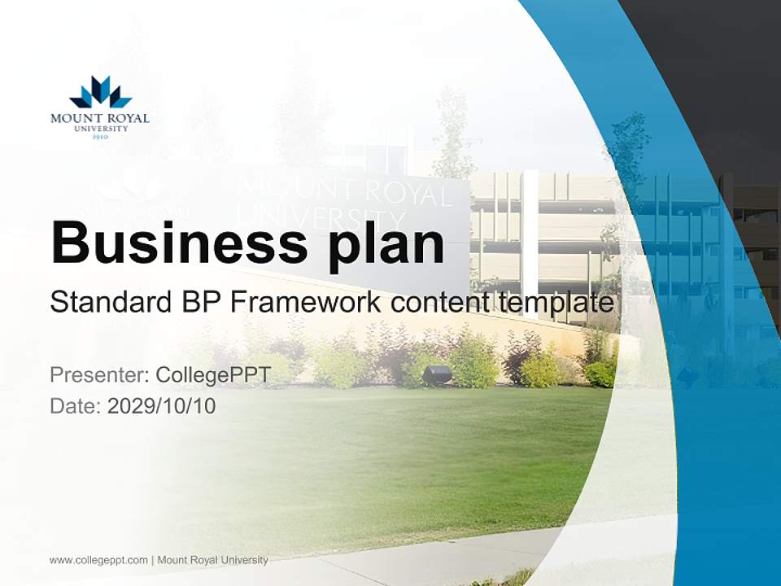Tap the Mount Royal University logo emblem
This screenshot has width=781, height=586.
tap(100, 93)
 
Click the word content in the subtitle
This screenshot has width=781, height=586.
tap(441, 304)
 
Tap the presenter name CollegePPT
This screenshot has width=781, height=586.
tap(212, 375)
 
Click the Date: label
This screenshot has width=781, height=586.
tap(76, 405)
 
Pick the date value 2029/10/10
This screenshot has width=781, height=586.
tap(161, 405)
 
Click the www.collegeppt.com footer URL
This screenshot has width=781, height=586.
tap(98, 560)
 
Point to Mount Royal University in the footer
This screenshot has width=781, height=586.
tap(212, 560)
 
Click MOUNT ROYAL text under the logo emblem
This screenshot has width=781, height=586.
tap(100, 119)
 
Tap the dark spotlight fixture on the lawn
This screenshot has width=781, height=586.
tap(438, 375)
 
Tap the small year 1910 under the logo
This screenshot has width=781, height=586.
tap(100, 137)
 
